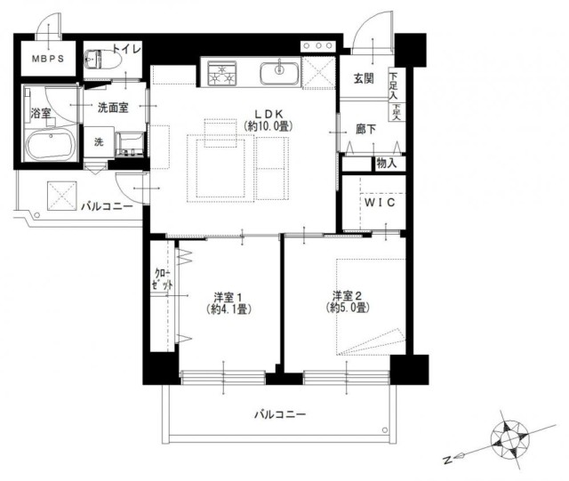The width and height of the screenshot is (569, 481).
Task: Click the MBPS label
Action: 48,59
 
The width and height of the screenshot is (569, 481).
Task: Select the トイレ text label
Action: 126,49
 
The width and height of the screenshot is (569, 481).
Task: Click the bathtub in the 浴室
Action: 51,145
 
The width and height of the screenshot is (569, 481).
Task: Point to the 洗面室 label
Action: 113,108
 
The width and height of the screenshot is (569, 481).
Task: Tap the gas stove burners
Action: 222,74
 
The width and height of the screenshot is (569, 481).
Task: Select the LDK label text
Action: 268,114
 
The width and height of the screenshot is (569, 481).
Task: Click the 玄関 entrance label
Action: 364,78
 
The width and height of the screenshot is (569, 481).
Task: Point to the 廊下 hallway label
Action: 365,129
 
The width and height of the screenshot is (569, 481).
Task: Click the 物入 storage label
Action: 387,164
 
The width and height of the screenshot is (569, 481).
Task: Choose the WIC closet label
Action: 380,203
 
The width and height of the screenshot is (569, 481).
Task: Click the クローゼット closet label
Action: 162,279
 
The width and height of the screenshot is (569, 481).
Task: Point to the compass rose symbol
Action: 509,439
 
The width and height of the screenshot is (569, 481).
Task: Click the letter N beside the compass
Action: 448,460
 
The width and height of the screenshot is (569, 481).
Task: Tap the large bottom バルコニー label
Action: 280,413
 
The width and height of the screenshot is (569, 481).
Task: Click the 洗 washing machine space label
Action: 99,142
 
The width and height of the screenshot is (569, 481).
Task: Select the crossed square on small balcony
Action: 62,196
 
